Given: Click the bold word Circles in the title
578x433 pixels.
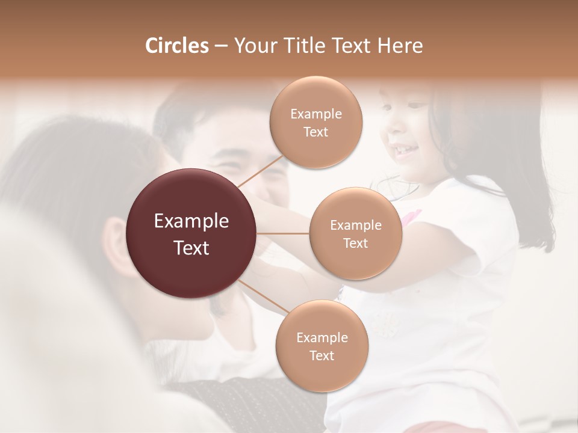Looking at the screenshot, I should point(176,46).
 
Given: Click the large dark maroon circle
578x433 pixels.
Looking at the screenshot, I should point(191,233).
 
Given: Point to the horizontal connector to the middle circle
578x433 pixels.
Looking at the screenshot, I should point(283,233).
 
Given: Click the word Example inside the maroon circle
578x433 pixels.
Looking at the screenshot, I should point(191,221).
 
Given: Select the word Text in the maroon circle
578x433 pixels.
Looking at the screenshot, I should point(191,248).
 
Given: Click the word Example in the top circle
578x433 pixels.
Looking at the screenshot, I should point(316,114).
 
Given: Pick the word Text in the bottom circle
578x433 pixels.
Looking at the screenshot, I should point(322,355).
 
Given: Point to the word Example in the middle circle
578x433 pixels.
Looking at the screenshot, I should point(355,226).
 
